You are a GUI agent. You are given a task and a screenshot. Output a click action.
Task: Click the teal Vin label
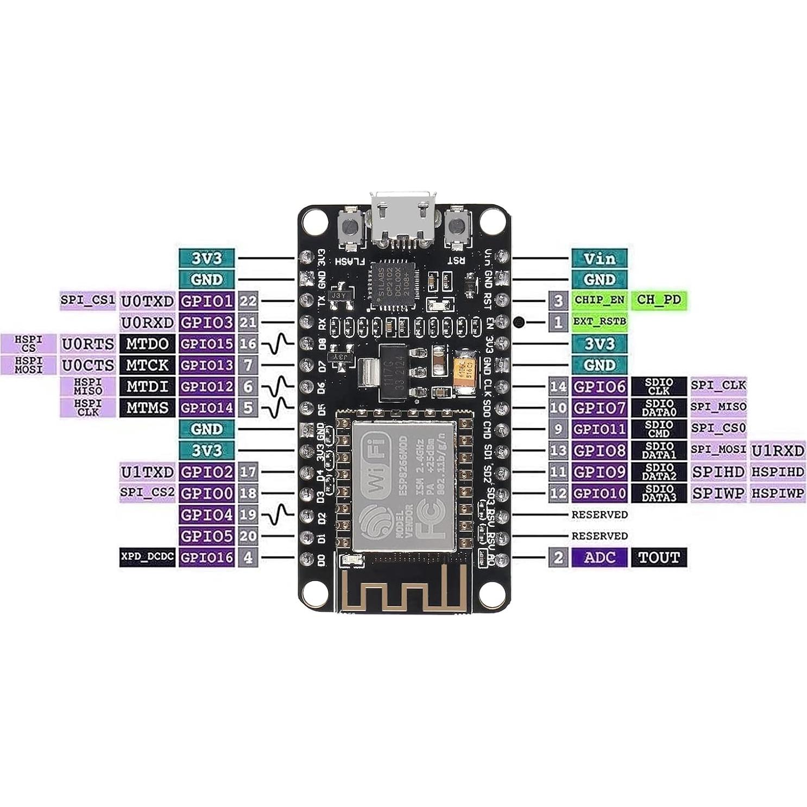(599, 258)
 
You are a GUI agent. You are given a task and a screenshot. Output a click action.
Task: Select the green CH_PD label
(658, 300)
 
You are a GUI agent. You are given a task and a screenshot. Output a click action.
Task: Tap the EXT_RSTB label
(599, 321)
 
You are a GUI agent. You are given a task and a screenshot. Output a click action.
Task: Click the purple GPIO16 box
(206, 557)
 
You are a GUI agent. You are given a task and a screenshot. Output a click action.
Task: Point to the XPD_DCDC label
(147, 557)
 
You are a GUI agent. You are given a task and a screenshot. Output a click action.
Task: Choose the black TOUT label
(658, 557)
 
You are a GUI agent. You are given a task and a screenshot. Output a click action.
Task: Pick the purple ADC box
(599, 557)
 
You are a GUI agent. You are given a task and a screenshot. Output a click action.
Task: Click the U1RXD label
(777, 450)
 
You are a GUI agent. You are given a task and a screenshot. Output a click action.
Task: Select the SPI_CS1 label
(88, 300)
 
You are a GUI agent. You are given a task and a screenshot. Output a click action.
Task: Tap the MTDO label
(147, 344)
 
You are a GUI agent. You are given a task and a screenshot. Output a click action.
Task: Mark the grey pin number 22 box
(248, 301)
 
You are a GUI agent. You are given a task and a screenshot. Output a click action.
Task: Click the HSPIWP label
(777, 493)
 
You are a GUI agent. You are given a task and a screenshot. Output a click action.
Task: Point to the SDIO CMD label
(658, 429)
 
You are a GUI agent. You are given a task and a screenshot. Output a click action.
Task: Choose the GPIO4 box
(206, 514)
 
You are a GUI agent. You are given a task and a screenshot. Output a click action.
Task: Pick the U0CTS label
(88, 365)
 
